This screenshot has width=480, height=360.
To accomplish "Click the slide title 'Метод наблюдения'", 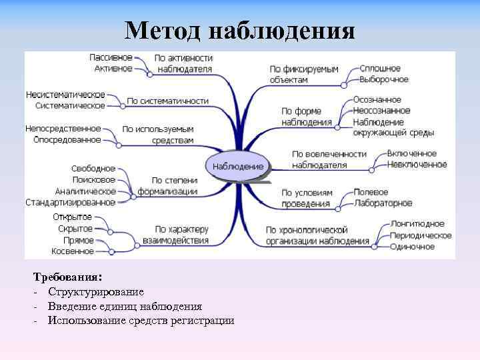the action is coord(240,31).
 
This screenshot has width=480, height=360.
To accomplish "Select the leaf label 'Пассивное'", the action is coord(111,57).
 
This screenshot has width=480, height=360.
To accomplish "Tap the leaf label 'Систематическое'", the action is coord(70,105).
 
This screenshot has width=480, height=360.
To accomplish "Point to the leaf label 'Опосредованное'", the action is coord(67,140).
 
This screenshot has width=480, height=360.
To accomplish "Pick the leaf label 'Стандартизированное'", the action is coord(70,202).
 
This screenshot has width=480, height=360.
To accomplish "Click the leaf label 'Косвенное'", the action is coord(73,251).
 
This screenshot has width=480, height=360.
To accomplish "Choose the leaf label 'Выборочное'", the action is coord(384,79).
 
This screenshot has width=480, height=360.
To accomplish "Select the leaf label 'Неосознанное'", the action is coord(382,111).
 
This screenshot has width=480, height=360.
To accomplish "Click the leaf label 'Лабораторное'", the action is coord(383,203).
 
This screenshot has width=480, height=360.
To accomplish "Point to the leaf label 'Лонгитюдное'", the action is coord(418,224).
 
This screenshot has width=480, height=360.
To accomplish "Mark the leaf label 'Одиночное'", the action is coord(413,247).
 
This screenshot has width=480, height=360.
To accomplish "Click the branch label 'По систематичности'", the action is coord(167,101).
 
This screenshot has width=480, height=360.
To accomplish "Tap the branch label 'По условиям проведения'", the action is coord(306,198).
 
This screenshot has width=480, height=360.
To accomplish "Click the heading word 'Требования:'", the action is coord(67,276).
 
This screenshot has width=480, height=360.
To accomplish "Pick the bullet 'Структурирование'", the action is coord(95,291).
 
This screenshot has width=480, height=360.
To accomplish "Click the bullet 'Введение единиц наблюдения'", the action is coord(125,306).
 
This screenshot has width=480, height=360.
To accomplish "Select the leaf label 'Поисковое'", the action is coord(93,180).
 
